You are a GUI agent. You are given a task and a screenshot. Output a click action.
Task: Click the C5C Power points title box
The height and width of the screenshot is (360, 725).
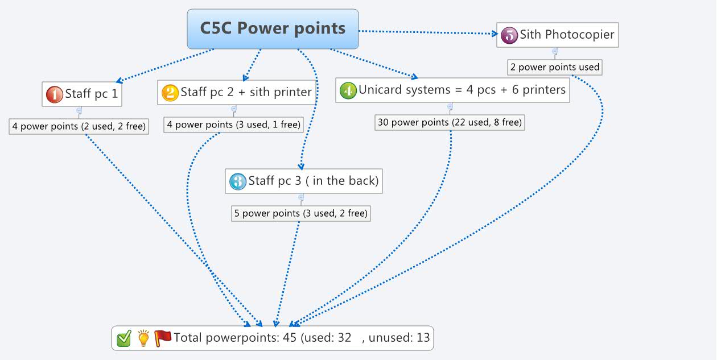(x=273, y=28)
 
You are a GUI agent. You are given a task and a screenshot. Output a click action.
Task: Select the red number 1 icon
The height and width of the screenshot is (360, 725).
(x=54, y=94)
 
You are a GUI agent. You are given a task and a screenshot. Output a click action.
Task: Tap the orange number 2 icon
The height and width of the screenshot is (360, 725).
(x=170, y=92)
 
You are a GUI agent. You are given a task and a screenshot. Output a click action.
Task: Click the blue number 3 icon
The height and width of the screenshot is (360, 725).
(x=237, y=181)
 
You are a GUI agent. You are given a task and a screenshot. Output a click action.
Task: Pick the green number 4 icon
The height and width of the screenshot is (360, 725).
(x=348, y=90)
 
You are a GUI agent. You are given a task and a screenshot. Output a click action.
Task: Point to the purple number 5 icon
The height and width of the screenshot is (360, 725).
(x=509, y=35)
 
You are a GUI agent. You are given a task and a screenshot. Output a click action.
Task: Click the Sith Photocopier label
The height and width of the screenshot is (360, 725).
(x=567, y=34)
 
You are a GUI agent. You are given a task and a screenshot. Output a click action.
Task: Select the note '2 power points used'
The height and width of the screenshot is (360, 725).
(x=554, y=67)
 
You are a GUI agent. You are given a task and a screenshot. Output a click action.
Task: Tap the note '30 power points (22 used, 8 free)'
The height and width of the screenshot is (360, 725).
(x=449, y=122)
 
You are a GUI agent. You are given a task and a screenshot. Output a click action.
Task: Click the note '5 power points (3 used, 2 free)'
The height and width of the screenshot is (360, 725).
(x=300, y=213)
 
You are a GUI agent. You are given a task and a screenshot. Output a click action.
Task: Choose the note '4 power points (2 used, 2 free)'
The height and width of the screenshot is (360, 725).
(x=79, y=126)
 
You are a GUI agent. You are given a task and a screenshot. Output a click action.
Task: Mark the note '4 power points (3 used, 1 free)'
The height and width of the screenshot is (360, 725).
(x=233, y=125)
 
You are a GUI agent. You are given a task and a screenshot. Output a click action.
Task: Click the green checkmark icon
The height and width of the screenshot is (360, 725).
(x=124, y=338)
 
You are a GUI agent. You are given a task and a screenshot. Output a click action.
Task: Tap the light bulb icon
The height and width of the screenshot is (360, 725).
(x=143, y=338)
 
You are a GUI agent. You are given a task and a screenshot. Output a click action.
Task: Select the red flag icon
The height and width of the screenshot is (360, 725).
(x=163, y=338)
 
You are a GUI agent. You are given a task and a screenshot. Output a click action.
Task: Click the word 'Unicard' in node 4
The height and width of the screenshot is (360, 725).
(x=380, y=90)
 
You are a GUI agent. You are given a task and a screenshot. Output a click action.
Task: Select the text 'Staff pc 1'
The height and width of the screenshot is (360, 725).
(x=92, y=94)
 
